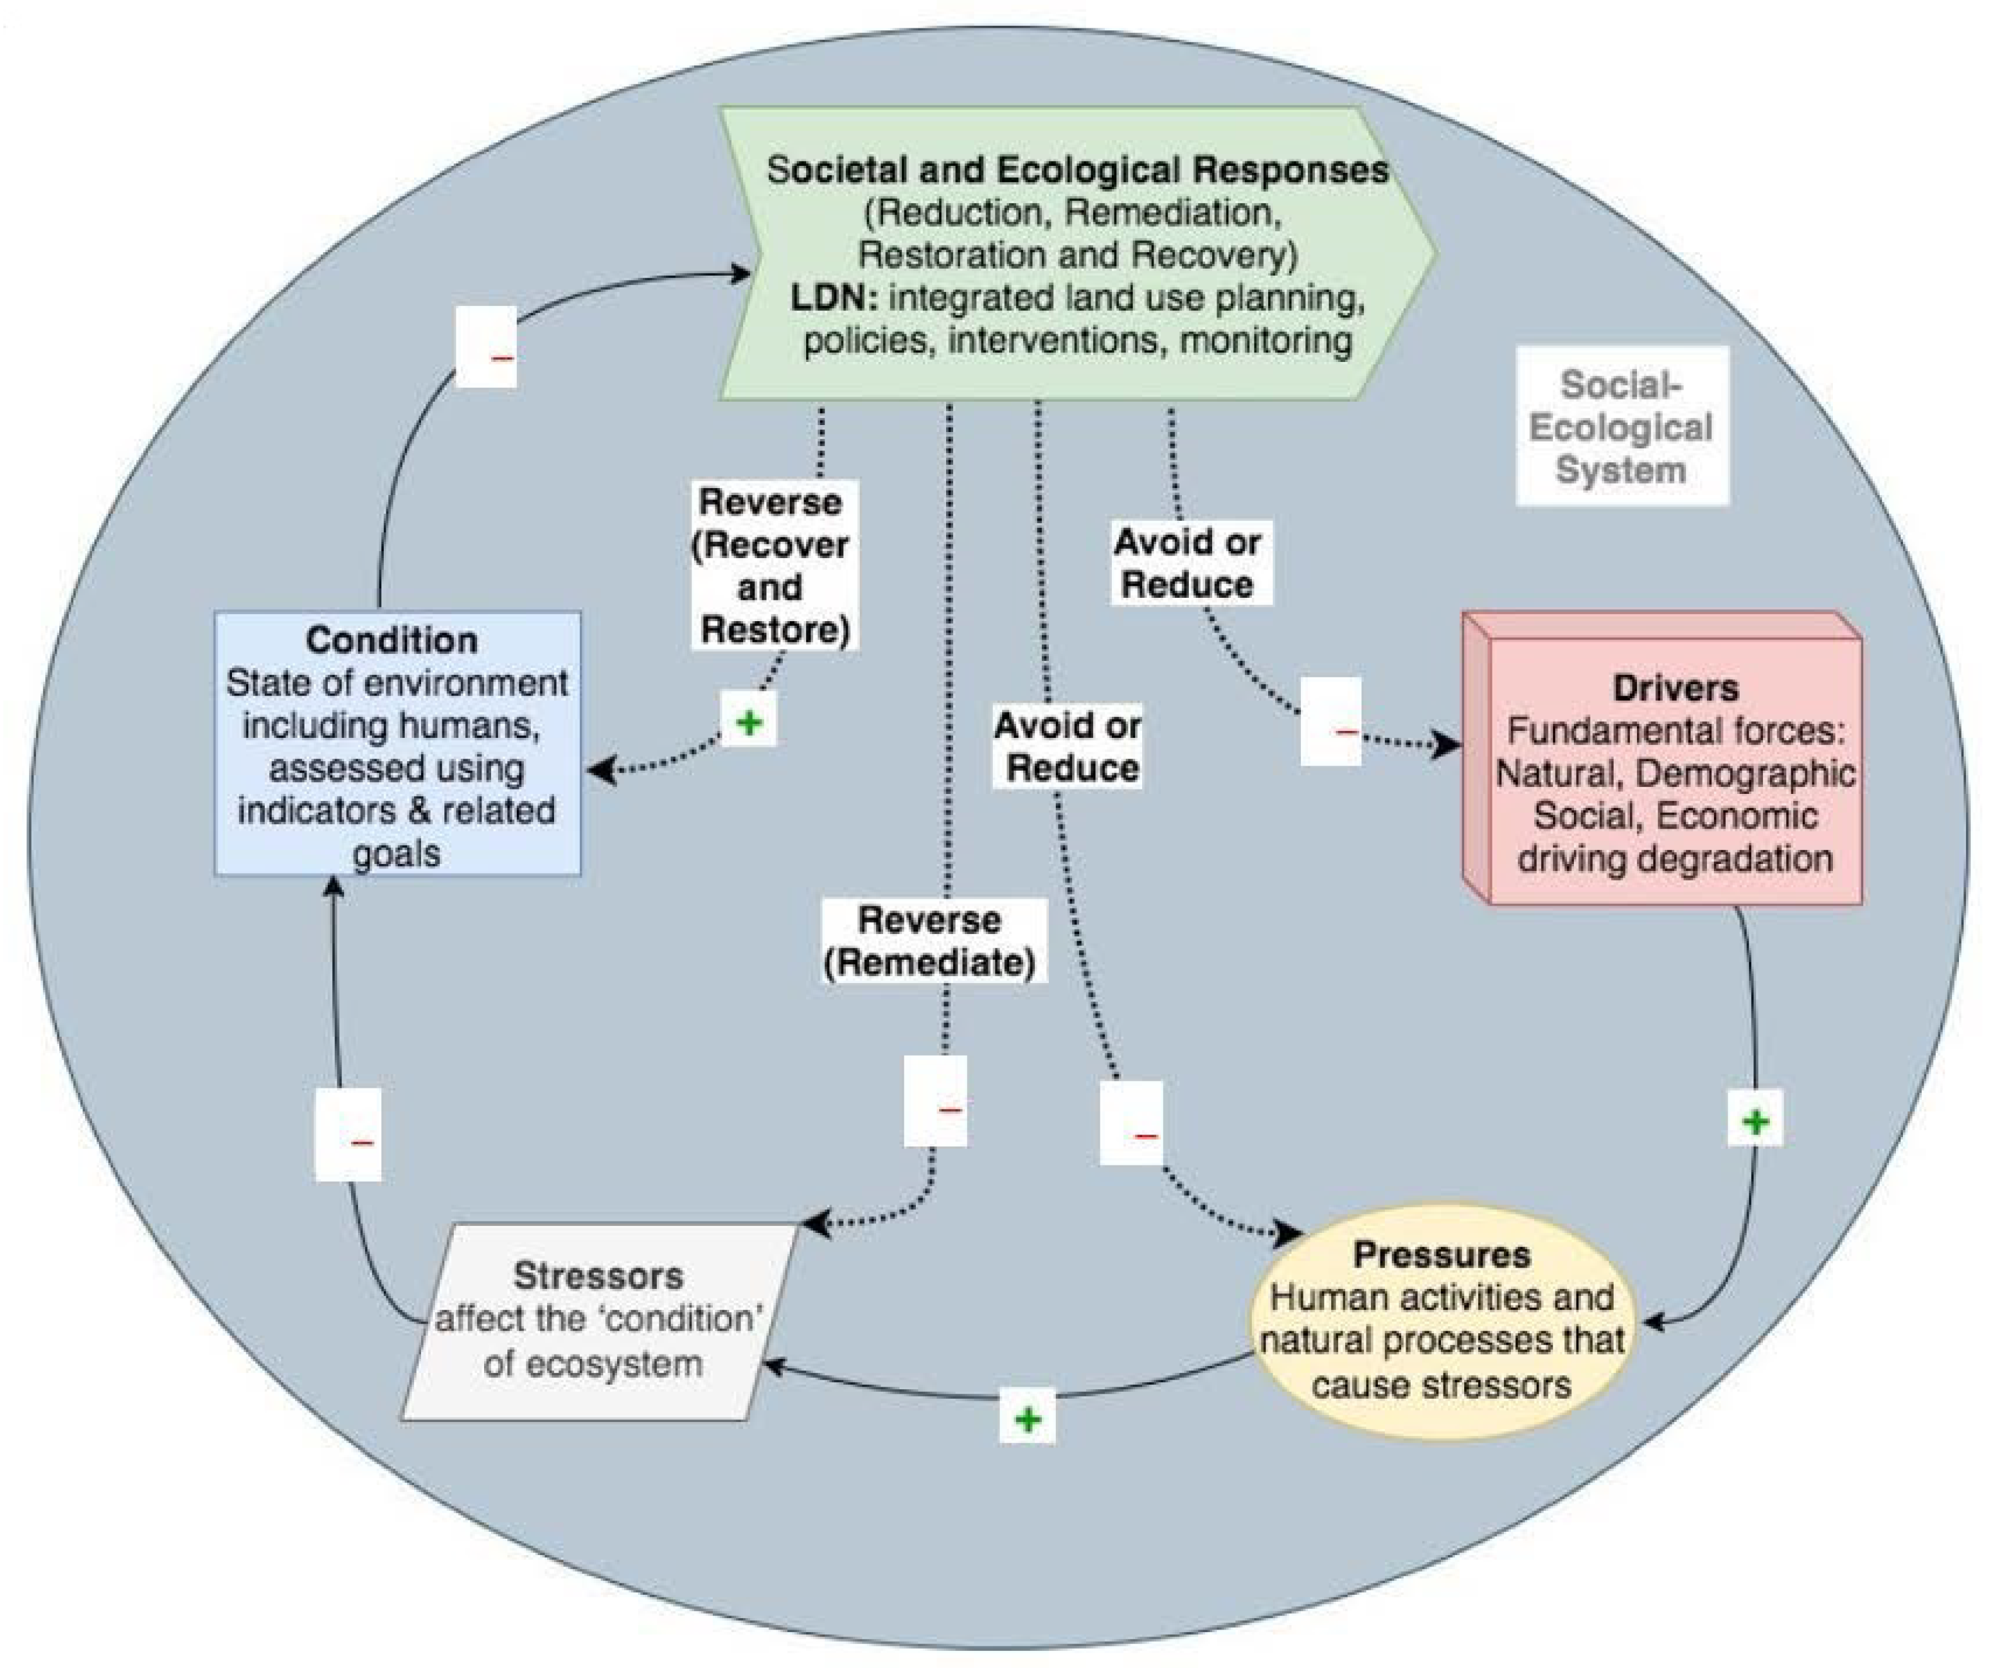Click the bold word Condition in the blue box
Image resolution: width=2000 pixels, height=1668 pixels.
click(x=391, y=640)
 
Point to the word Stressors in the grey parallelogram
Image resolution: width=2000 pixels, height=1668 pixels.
click(x=598, y=1276)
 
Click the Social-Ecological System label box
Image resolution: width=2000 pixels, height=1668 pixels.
click(x=1621, y=426)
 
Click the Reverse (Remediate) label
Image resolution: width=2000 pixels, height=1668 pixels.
click(x=930, y=941)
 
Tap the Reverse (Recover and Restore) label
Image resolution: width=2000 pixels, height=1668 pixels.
click(x=773, y=565)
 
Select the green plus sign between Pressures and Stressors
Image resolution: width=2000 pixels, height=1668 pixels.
click(x=1027, y=1420)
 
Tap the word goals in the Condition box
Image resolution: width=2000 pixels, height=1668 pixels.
click(x=396, y=853)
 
